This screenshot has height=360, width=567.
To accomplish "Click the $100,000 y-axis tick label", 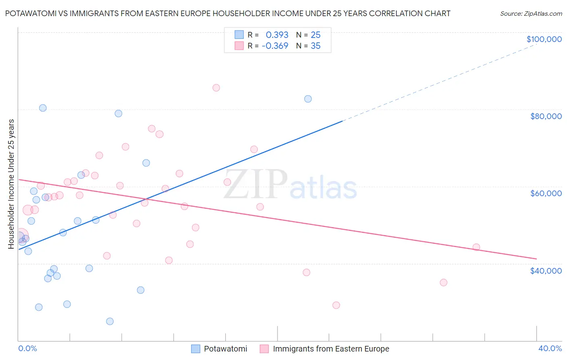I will [x=544, y=39].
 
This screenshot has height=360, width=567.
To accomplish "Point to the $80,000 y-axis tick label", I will [x=546, y=116].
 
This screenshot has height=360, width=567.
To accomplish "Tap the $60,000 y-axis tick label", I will [x=546, y=193].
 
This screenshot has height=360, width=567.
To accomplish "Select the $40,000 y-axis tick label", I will [x=546, y=270].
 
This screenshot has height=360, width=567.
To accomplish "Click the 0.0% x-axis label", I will [x=27, y=348].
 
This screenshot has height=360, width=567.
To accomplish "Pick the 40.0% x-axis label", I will [x=550, y=348].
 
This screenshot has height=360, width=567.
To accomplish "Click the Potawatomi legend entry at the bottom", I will [x=225, y=349].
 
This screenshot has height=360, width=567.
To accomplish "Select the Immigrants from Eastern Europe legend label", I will [x=331, y=349].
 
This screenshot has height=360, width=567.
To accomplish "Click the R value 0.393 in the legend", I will [x=277, y=35].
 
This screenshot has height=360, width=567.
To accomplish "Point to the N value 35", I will [x=315, y=46].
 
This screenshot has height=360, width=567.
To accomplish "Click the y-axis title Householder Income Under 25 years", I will [x=11, y=184].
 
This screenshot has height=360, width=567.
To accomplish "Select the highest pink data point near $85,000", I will [x=216, y=88].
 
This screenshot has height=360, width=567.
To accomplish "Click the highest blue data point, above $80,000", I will [x=308, y=99].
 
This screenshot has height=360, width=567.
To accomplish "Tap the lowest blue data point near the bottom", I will [x=110, y=321].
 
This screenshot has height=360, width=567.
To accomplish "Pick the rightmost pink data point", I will [x=476, y=247].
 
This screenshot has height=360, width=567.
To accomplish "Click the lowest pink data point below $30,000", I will [x=336, y=305].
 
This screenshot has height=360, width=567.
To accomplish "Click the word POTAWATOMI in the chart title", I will [x=31, y=14].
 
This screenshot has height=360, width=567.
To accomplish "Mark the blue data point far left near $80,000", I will [x=43, y=108].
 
